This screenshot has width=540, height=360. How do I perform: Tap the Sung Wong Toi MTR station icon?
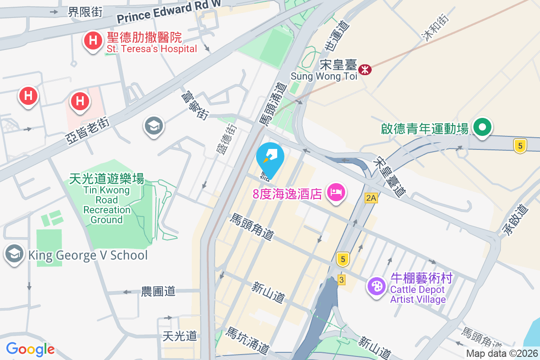[x=365, y=70]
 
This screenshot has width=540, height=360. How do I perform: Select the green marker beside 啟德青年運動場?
[x=482, y=128]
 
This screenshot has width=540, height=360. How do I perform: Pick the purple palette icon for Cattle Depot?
[x=376, y=286]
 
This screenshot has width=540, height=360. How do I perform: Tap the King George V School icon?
[x=14, y=255]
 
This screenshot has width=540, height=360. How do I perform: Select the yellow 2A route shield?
[x=370, y=198]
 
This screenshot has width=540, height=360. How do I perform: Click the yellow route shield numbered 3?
[x=342, y=280]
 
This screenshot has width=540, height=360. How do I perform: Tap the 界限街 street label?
[x=85, y=12]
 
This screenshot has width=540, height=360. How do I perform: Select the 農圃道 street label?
[x=158, y=291]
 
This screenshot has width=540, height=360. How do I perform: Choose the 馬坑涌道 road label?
[x=247, y=340]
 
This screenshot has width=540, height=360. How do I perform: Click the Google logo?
[x=30, y=349]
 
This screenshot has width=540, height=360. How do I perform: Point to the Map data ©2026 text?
[x=502, y=354]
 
